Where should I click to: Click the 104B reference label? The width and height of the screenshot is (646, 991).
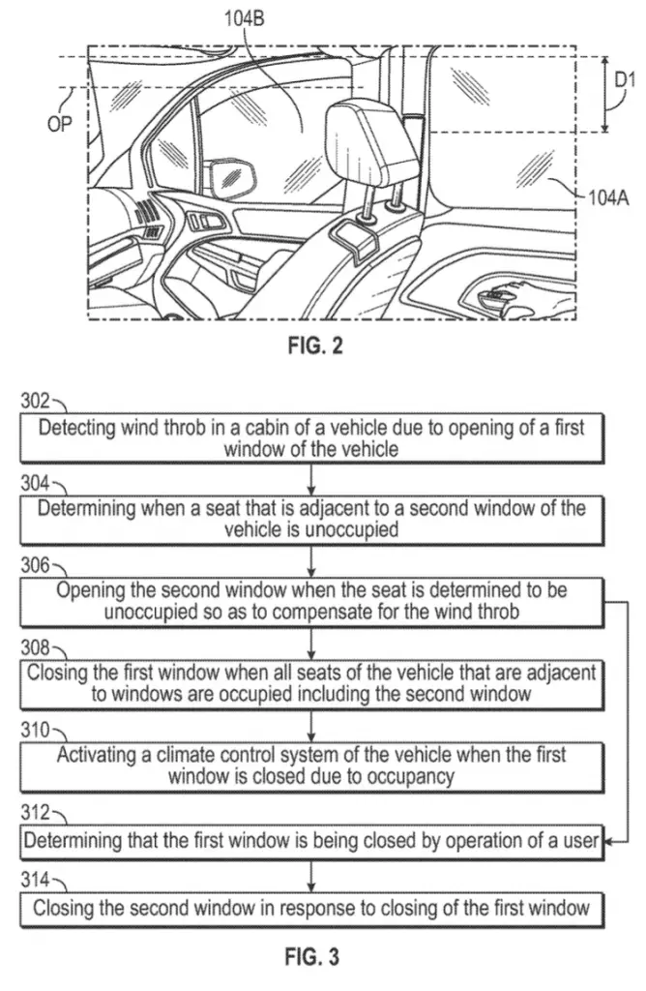pos(245,19)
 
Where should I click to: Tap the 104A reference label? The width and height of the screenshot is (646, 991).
pos(608,198)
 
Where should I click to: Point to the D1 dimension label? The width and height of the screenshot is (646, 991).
pos(624,79)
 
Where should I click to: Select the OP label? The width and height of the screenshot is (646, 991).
pos(60,124)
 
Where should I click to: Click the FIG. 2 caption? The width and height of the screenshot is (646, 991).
pos(315,345)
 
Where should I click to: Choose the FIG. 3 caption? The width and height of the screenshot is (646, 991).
pos(312,956)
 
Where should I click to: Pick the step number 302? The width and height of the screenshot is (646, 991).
pos(35,401)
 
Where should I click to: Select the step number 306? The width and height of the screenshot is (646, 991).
pos(35,564)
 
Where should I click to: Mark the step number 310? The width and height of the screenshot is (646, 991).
pos(35,730)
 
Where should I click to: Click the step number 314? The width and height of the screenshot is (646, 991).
pos(35,879)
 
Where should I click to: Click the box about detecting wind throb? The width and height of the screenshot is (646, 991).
pos(312,438)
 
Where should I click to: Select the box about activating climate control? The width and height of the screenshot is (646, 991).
pos(312,766)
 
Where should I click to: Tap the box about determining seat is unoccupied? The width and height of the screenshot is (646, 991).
pos(312,520)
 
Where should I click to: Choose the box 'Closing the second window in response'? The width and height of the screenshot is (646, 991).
pos(312,908)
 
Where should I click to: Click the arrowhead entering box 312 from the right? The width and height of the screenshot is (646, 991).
pos(608,841)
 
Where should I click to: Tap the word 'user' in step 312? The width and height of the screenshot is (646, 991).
pos(581,841)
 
